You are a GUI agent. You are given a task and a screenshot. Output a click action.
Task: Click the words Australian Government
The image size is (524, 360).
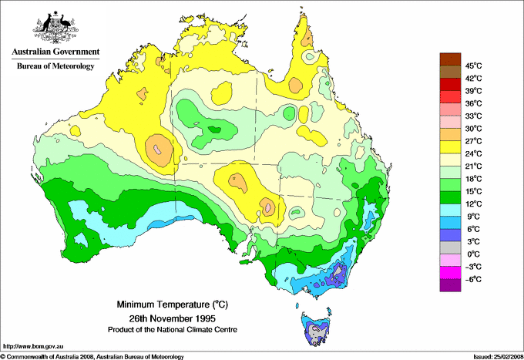(x=55, y=53)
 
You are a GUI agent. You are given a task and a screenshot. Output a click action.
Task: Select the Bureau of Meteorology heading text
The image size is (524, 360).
(x=55, y=66)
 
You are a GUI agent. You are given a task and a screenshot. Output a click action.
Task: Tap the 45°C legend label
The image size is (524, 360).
(x=472, y=66)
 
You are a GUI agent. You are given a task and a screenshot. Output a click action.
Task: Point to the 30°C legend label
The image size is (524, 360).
(x=472, y=128)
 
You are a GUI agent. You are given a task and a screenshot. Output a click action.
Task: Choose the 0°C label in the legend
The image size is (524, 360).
(x=472, y=254)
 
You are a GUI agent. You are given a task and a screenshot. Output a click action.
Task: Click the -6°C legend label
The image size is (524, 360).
(x=472, y=279)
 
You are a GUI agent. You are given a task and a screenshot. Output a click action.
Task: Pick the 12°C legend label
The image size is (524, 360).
(x=472, y=204)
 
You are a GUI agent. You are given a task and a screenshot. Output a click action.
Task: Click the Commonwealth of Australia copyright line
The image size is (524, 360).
(x=92, y=356)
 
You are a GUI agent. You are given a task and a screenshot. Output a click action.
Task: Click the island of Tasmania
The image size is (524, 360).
(x=317, y=328)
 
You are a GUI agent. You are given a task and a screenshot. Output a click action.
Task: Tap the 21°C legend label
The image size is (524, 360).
(x=472, y=166)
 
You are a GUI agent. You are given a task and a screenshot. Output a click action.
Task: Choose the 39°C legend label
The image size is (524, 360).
(x=472, y=90)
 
